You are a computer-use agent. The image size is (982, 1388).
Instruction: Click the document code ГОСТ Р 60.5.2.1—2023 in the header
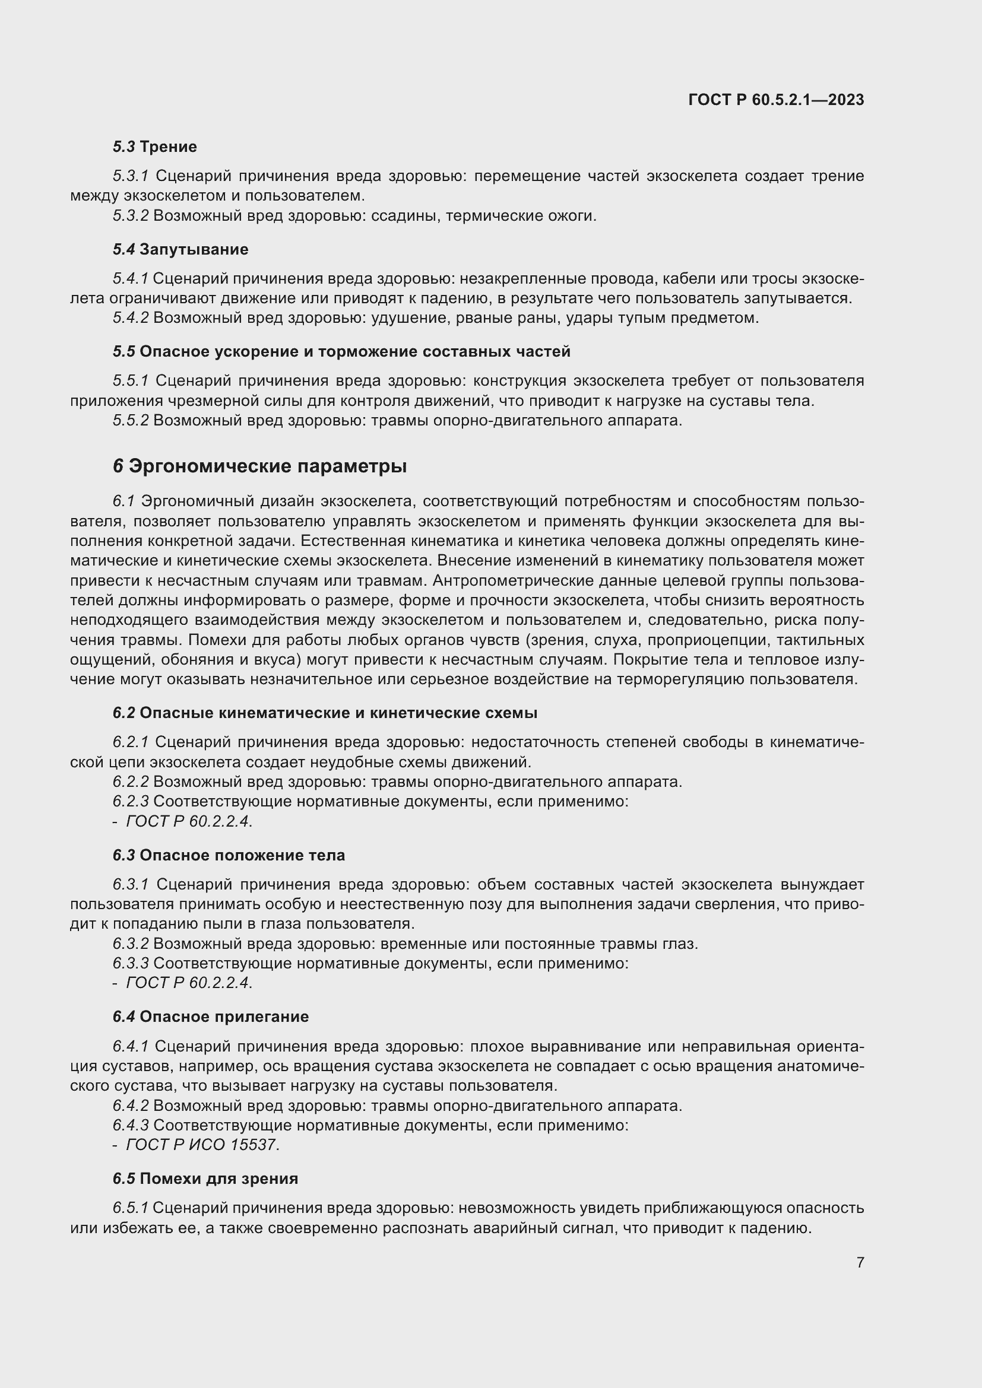776,100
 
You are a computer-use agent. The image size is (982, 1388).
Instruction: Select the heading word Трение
168,147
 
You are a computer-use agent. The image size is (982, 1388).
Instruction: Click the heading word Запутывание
194,249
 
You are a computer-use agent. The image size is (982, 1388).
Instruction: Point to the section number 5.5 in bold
124,351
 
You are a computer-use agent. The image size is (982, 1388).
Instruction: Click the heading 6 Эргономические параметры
259,466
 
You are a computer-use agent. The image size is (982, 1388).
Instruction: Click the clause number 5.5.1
131,381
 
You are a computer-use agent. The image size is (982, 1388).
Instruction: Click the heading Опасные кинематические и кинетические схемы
338,713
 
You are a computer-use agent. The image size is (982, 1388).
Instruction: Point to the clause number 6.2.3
131,802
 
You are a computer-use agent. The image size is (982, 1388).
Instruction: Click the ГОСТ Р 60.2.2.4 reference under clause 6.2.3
188,821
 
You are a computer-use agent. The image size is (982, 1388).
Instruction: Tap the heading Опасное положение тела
242,856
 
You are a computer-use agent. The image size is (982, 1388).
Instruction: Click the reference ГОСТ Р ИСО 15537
202,1145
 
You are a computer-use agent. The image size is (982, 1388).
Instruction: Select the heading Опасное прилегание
224,1017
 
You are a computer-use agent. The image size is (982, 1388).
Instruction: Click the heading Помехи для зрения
218,1179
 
